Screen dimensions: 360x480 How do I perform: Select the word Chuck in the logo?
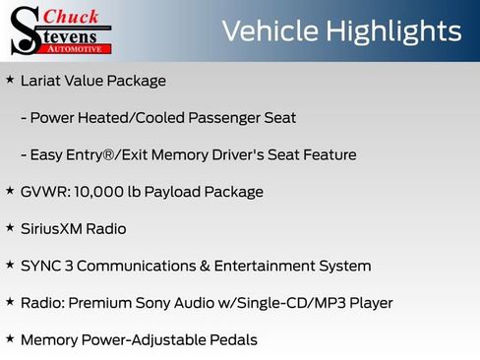click(71, 15)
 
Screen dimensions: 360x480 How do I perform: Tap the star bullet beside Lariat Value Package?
click(10, 80)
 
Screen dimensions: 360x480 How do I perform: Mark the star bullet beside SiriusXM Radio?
click(10, 227)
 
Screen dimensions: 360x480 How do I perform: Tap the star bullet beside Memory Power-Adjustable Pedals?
click(10, 339)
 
